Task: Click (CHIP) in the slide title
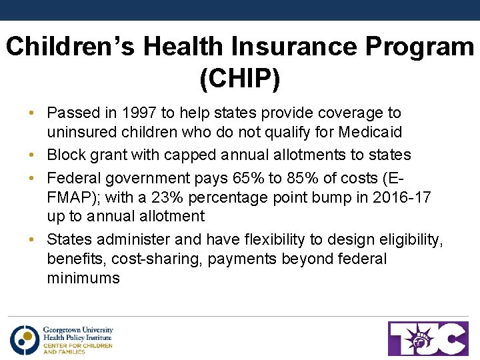(x=240, y=78)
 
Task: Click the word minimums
(x=83, y=279)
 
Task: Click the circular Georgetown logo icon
(x=24, y=339)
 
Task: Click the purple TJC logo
(x=429, y=339)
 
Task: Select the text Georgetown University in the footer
(x=78, y=330)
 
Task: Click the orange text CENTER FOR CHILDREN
(x=77, y=345)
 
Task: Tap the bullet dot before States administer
(x=33, y=239)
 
